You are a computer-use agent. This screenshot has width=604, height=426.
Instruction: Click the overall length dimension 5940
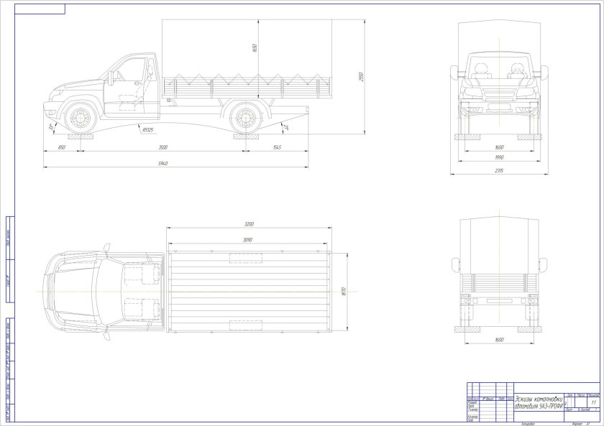[x=163, y=164]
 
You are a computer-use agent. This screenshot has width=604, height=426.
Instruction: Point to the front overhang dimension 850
[x=62, y=147]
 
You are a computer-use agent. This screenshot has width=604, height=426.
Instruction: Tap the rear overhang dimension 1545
[x=277, y=147]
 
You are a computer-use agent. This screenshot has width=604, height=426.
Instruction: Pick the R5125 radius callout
[x=147, y=130]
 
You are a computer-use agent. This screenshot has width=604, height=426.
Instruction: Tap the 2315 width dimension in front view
[x=498, y=170]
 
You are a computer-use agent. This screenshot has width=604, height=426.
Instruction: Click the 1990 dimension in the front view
[x=498, y=158]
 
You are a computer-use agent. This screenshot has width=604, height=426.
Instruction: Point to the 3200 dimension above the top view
[x=248, y=224]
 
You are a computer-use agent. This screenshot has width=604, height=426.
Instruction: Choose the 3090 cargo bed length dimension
[x=248, y=239]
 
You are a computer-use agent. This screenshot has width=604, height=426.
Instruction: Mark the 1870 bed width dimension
[x=344, y=292]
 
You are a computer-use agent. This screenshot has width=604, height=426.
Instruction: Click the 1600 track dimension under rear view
[x=499, y=339]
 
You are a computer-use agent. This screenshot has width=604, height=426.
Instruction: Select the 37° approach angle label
[x=52, y=127]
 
